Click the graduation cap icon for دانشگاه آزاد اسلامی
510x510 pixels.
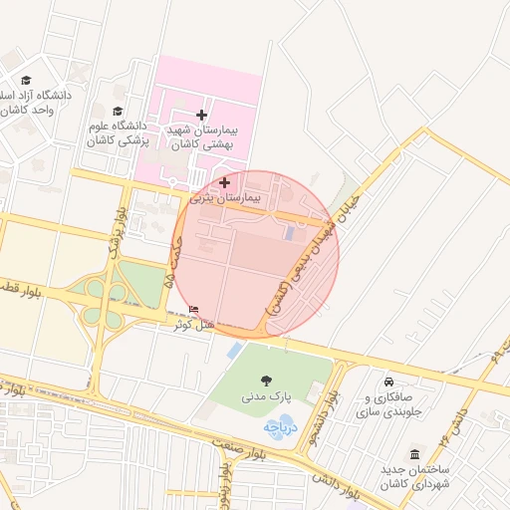click(26, 81)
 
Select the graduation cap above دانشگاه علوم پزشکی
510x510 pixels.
click(118, 112)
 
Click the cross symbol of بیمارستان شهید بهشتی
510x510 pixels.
click(202, 115)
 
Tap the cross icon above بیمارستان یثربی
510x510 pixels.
click(224, 182)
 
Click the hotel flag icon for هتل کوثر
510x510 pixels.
click(193, 310)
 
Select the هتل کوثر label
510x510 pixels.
click(193, 325)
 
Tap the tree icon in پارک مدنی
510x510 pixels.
click(266, 380)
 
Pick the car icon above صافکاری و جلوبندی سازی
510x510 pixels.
click(388, 381)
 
